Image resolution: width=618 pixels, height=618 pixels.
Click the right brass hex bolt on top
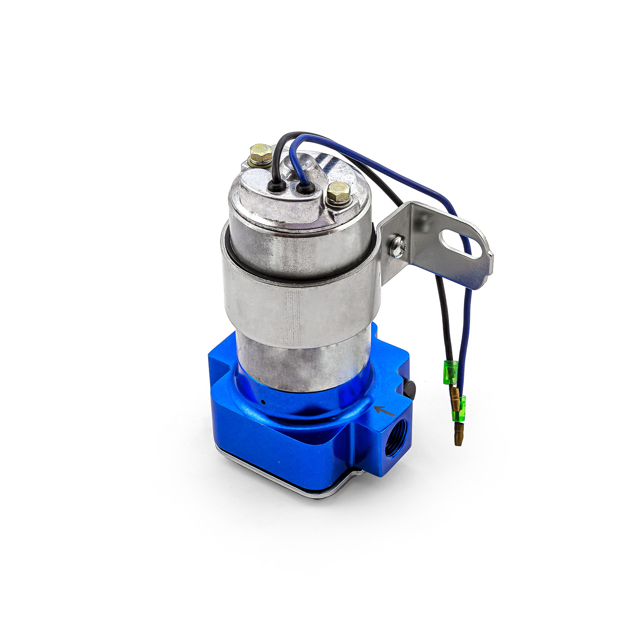[x=339, y=192]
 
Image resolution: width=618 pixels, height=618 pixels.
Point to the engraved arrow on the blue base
[x=385, y=411]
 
